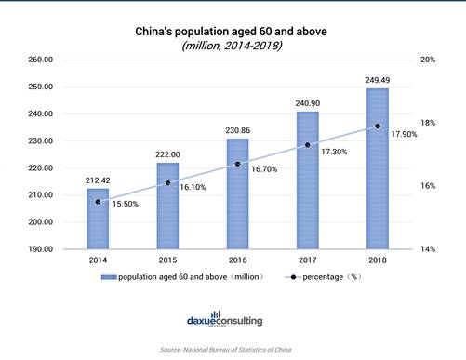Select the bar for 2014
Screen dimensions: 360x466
point(98,220)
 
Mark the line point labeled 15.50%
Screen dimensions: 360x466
point(98,201)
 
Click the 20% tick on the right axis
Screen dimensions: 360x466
point(428,59)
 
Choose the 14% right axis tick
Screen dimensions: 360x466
point(428,249)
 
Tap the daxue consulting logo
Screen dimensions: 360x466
point(233,319)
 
